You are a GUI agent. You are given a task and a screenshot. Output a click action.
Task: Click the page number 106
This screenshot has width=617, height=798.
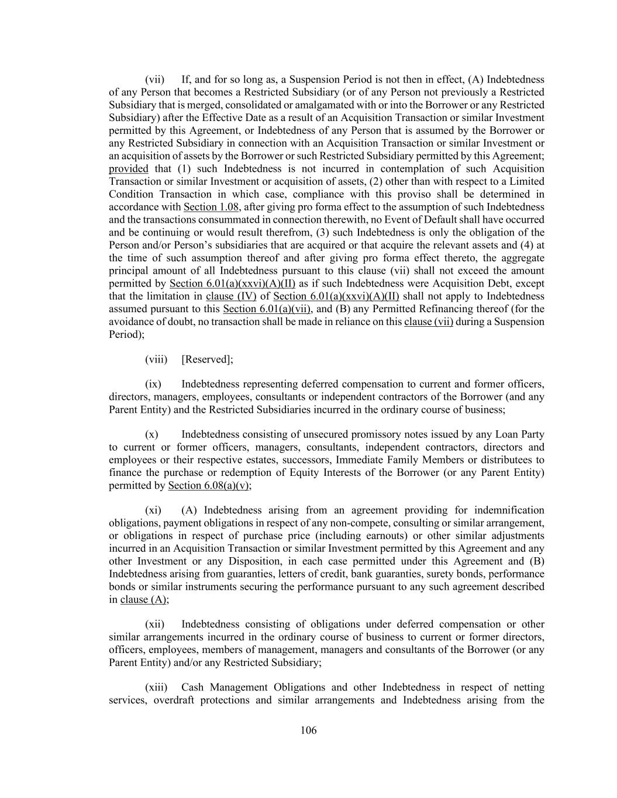point(308,730)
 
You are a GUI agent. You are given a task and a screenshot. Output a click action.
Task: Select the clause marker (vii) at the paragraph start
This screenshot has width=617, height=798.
point(154,80)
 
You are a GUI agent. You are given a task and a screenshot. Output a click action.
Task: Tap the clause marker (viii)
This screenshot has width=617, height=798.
point(156,360)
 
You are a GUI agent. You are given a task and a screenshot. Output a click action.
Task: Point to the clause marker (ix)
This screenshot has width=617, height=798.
point(153,385)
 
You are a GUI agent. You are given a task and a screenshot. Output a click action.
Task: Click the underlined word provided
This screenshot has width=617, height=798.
point(129,169)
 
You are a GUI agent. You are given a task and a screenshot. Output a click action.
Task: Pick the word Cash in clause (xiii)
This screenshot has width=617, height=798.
point(193,688)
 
